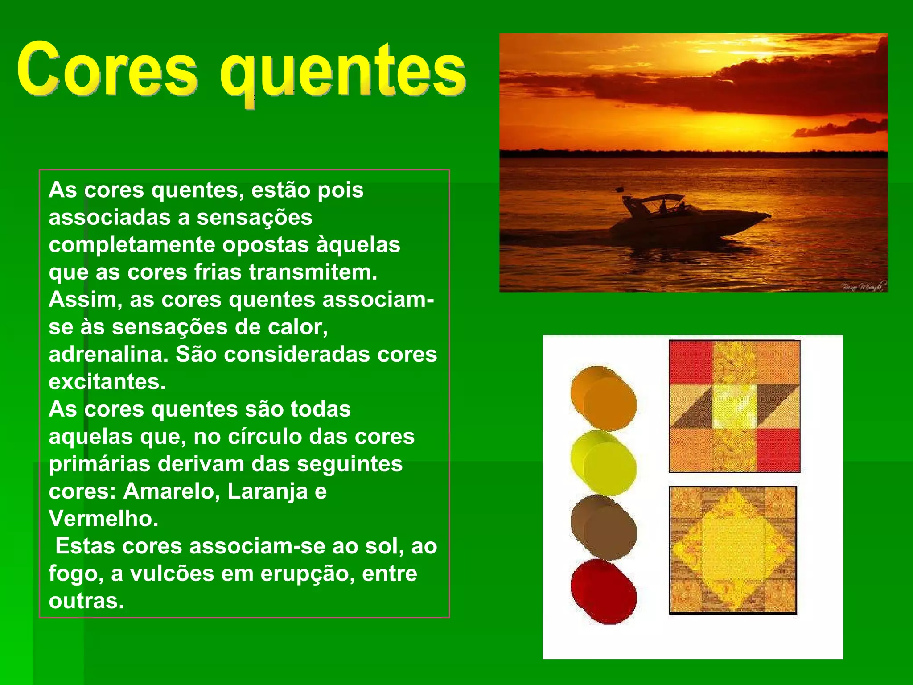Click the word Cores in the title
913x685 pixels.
[x=107, y=70]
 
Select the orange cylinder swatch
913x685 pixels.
[x=604, y=398]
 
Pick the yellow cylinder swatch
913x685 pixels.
[x=604, y=463]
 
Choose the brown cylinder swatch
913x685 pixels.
[x=604, y=528]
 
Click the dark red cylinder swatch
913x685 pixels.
[x=604, y=592]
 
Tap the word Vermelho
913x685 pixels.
[x=103, y=519]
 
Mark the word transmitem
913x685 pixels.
[x=313, y=272]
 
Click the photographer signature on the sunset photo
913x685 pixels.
[x=863, y=286]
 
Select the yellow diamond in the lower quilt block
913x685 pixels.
[x=733, y=550]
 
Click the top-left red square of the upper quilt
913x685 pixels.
[x=690, y=362]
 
